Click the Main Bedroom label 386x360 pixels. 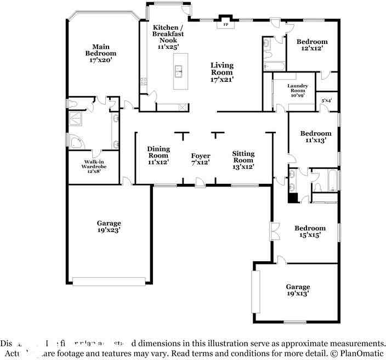click(100, 54)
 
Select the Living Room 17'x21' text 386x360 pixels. click(222, 72)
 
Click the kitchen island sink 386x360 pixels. click(179, 70)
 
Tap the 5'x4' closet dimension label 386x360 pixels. click(326, 100)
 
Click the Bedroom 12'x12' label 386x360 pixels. click(312, 45)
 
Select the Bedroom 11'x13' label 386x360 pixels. click(315, 137)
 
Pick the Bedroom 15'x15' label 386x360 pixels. click(310, 231)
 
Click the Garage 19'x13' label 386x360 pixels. click(298, 290)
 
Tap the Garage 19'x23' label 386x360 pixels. click(109, 227)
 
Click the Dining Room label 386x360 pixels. click(158, 155)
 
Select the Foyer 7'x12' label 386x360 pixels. click(201, 159)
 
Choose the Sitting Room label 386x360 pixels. click(243, 160)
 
